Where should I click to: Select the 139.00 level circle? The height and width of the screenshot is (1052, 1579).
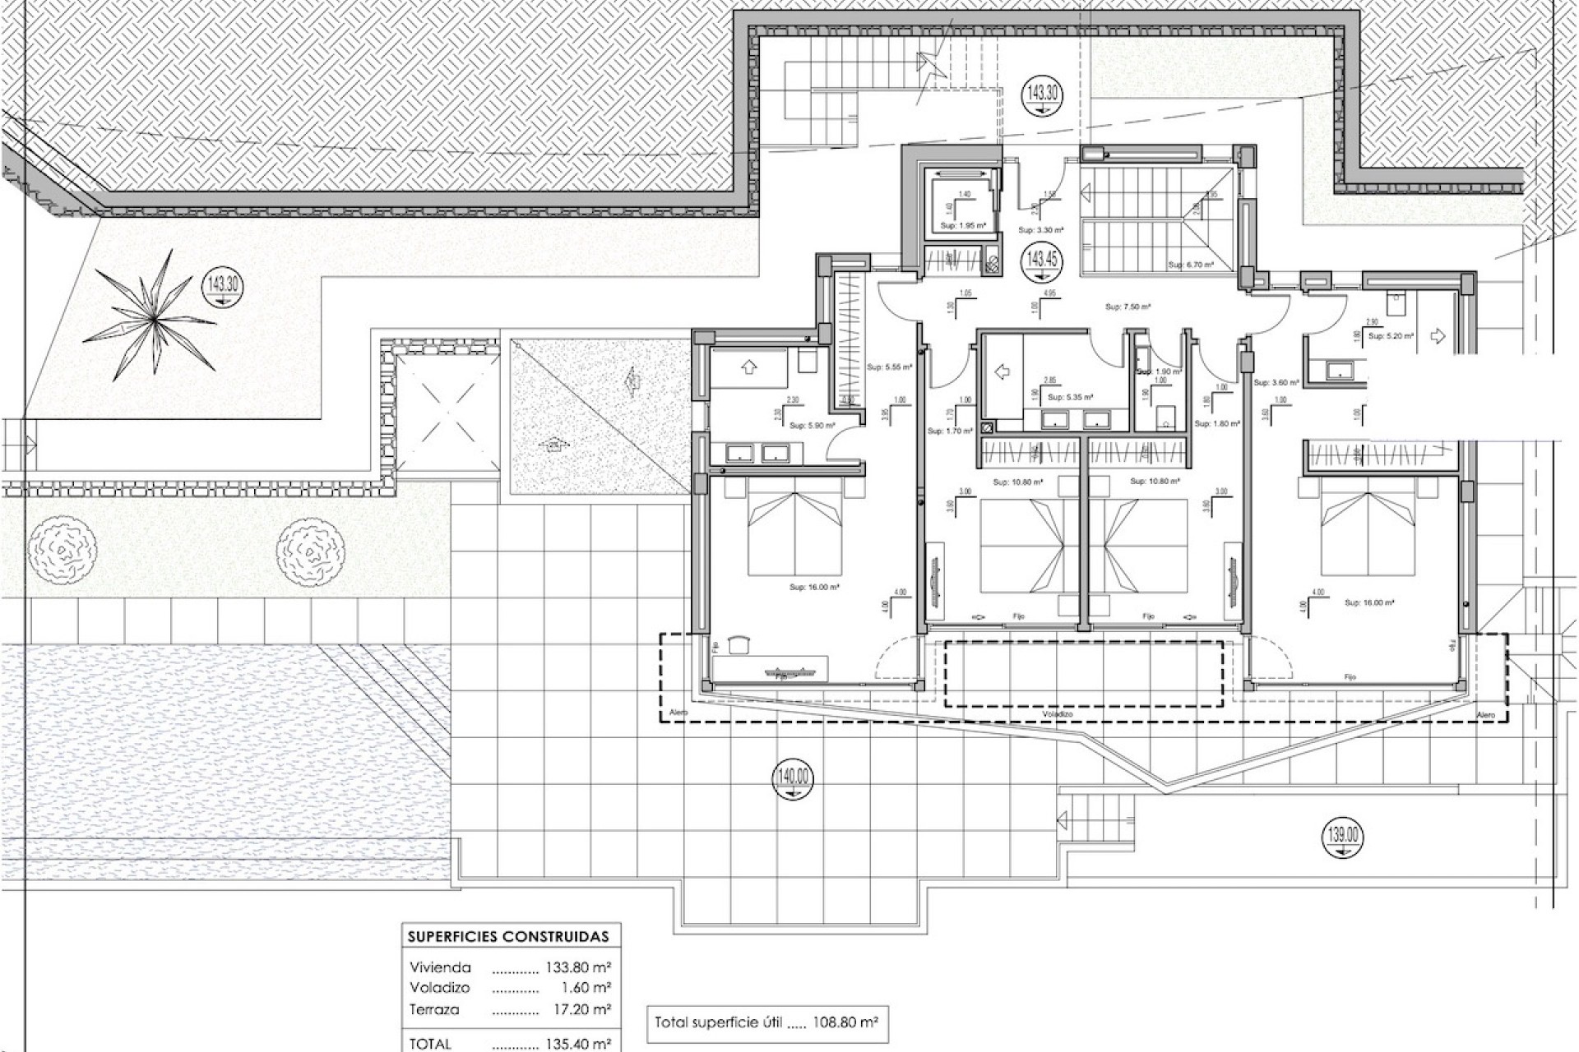point(1343,837)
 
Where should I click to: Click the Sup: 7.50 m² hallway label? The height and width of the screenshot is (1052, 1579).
point(1128,307)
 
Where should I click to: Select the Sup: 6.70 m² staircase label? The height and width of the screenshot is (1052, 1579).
point(1186,265)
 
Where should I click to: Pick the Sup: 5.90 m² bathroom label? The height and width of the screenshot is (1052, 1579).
point(812,426)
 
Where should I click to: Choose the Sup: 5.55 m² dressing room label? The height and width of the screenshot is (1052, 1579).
point(890,367)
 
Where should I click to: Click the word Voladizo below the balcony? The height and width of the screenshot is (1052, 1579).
point(1058,715)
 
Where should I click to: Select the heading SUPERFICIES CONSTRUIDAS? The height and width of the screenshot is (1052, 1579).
point(508,936)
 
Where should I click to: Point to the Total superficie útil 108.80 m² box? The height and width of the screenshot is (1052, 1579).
point(766,1023)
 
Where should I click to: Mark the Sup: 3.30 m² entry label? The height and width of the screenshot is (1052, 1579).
point(1040,231)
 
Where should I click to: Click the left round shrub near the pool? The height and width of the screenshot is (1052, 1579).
point(62,544)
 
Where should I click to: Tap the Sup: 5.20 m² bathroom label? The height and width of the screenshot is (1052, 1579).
point(1391,336)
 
